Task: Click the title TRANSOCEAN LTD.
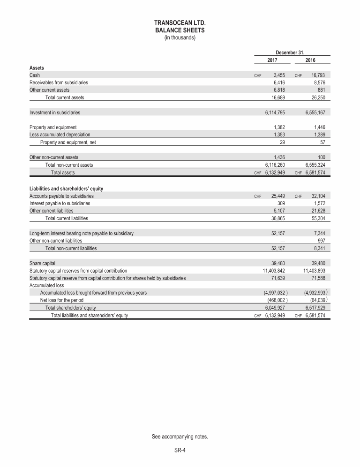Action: click(180, 22)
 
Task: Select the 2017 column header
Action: click(272, 60)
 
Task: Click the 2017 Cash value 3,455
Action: click(279, 75)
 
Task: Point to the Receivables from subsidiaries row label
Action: click(59, 82)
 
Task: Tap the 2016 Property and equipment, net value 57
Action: click(322, 142)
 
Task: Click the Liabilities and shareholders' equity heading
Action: click(66, 189)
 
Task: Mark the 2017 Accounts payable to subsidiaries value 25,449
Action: click(278, 196)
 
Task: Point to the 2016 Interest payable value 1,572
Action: click(318, 204)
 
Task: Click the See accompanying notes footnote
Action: click(180, 437)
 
